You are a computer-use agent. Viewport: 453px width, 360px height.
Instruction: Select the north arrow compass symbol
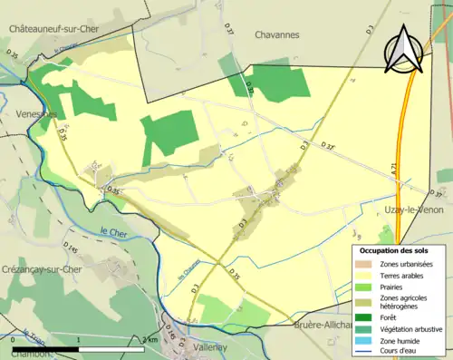tap(405, 48)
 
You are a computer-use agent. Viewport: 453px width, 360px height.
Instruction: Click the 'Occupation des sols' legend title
tap(396, 249)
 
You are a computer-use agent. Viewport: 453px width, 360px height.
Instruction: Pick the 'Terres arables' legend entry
tap(403, 275)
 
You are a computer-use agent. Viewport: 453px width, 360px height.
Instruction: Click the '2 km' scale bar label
tap(150, 339)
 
